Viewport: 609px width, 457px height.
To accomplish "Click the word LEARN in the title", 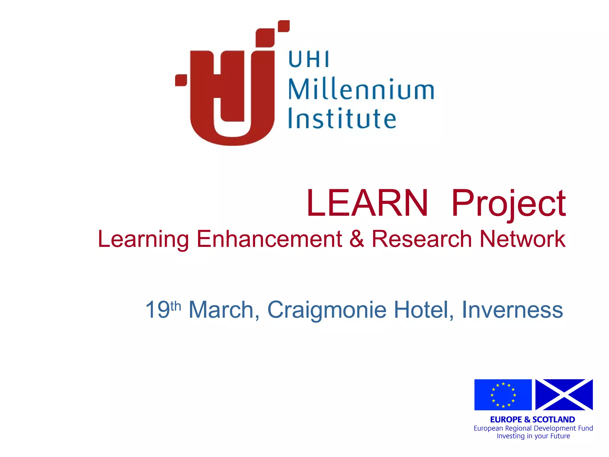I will (367, 203).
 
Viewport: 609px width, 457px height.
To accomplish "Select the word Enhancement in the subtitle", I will (269, 239).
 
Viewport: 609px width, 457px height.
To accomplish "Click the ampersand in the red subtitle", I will (357, 239).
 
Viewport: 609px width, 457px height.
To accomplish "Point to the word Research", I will (422, 239).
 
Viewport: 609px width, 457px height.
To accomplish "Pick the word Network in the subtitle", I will (522, 239).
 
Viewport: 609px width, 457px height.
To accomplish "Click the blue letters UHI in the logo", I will (309, 59).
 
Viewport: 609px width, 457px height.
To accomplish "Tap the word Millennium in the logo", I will (361, 89).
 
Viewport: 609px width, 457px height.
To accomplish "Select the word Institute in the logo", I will (342, 119).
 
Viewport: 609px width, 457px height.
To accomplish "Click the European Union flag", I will (503, 395).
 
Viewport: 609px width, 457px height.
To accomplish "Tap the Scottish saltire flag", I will (564, 395).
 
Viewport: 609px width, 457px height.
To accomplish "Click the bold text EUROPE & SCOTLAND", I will (532, 420).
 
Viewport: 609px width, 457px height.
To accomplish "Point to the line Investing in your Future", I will (533, 436).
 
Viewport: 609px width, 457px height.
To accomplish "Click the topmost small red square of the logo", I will (284, 26).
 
